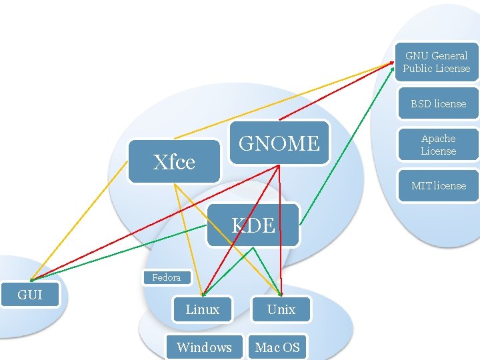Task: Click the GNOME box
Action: point(279,143)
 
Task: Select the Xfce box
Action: point(174,161)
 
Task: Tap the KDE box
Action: point(253,225)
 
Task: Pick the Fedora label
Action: point(166,277)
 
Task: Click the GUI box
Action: point(29,295)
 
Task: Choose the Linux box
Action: point(202,309)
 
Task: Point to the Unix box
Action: point(281,309)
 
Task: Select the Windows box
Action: point(204,347)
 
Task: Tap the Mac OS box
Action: point(277,347)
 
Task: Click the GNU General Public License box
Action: point(437,62)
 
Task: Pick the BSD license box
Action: point(438,104)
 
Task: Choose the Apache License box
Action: point(438,145)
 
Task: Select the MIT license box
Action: point(438,186)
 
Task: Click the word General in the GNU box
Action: point(449,56)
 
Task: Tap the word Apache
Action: point(439,139)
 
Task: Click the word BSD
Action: point(421,104)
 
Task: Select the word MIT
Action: point(421,186)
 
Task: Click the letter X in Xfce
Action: point(160,162)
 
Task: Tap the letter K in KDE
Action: point(238,225)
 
